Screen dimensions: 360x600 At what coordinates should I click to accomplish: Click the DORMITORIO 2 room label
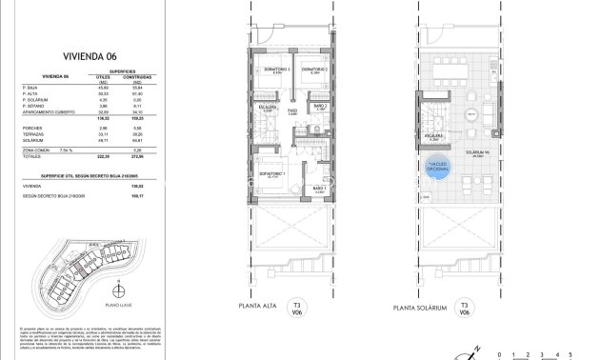tap(314, 70)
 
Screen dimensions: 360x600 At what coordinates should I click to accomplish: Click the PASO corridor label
tap(294, 112)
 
